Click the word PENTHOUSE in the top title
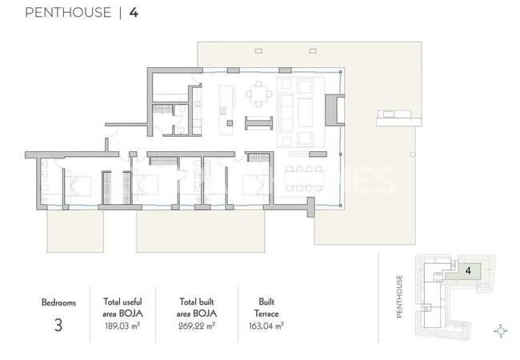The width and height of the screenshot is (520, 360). (x=68, y=13)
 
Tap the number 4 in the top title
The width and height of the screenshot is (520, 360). (x=134, y=13)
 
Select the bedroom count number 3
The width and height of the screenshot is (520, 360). (x=58, y=325)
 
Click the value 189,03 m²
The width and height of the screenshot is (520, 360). (x=122, y=326)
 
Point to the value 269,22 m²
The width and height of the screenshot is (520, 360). (x=197, y=326)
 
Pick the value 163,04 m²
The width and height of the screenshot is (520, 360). (x=266, y=326)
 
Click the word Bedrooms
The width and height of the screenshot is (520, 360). (x=58, y=302)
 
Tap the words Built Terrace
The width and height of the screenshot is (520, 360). (x=266, y=308)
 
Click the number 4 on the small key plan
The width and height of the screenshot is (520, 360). (x=468, y=271)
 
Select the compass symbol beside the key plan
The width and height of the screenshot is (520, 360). (x=501, y=331)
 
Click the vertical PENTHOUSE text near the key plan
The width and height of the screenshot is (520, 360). (x=400, y=296)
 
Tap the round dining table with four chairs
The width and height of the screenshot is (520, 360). (x=258, y=94)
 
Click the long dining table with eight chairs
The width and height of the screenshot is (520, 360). (x=304, y=179)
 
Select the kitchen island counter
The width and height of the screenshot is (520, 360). (x=226, y=110)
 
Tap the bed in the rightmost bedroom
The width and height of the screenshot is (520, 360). (x=255, y=185)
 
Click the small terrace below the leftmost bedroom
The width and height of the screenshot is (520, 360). (x=75, y=231)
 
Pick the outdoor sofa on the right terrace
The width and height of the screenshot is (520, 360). (x=394, y=114)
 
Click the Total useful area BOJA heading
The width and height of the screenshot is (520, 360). (x=122, y=308)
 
